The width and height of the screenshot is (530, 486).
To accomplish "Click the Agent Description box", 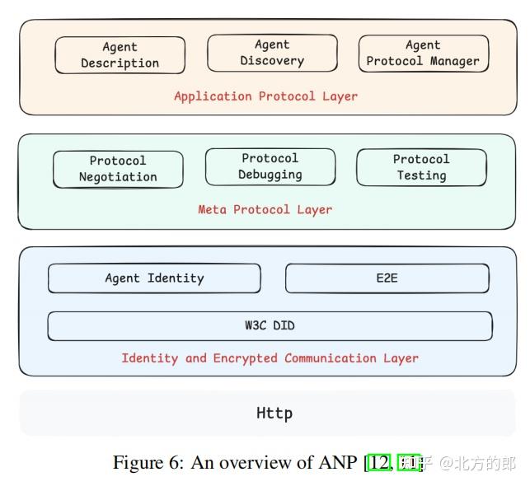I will [x=120, y=55].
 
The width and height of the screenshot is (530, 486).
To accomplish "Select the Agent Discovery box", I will [x=272, y=53].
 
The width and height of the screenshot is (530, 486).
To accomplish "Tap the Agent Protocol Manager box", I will [x=423, y=54].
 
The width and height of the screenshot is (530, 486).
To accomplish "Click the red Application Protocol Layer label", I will [x=265, y=96].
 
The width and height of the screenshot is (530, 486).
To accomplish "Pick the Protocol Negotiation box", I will [x=118, y=169].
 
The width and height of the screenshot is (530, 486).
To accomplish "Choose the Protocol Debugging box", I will [x=270, y=166].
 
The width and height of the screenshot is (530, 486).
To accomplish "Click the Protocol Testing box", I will [x=421, y=167].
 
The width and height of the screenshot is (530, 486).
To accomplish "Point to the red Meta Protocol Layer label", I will [x=265, y=209].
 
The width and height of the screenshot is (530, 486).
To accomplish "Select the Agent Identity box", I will [x=154, y=278].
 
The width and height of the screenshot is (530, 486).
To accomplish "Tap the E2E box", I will [x=387, y=278].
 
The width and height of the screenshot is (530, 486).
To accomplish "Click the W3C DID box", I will [x=270, y=325].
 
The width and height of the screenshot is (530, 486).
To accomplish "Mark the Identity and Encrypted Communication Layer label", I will [x=270, y=358].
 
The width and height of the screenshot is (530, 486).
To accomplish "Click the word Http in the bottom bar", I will [x=274, y=413].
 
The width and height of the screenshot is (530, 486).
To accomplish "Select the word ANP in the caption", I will [x=338, y=463].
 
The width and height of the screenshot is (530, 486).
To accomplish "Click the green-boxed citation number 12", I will [x=380, y=463].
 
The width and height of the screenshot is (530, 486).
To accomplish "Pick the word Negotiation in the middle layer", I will [x=118, y=177].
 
